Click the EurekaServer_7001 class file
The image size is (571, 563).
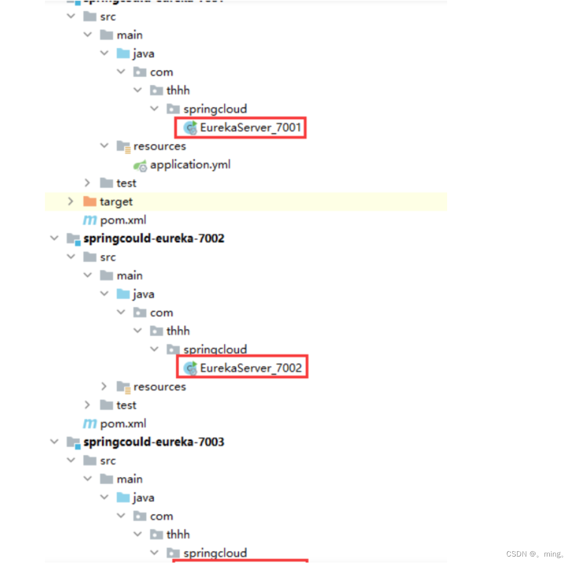pos(250,128)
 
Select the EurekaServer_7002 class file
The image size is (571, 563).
pos(251,368)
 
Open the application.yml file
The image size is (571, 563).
pos(190,165)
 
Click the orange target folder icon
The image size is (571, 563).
pos(90,201)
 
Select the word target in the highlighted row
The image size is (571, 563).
pos(116,202)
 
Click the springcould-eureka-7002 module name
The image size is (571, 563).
pos(153,238)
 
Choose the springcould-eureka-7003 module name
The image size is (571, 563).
pos(153,442)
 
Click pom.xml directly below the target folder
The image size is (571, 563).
pos(123,220)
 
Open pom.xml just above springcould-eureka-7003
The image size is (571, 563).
pos(123,423)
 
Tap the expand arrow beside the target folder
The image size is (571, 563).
pos(71,201)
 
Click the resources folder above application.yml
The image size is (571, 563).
pos(159,147)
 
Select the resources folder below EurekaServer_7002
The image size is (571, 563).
pos(159,387)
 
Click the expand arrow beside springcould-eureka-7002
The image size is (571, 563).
pos(54,238)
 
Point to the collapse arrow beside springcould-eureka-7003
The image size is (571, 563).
pos(54,442)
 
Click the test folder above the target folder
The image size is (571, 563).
pos(126,183)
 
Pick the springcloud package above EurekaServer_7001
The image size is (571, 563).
pos(215,109)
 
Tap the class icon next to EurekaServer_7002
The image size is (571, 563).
pos(190,368)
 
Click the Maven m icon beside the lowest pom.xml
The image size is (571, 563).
pos(90,423)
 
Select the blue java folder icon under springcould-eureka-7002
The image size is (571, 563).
pos(123,294)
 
